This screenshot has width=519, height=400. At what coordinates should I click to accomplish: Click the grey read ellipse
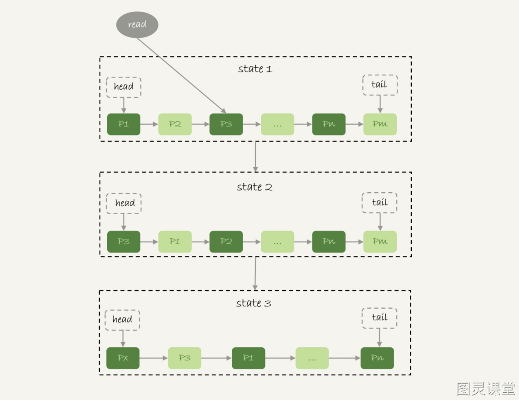[137, 25]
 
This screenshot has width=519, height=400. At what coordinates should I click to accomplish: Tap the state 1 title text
[255, 69]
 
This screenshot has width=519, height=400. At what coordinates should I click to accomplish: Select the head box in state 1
[124, 87]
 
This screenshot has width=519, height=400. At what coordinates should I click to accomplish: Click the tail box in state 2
[379, 203]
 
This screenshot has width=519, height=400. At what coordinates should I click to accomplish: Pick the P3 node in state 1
[226, 124]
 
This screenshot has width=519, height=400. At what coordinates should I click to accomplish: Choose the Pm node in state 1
[380, 124]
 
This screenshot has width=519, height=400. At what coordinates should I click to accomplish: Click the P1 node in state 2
[175, 242]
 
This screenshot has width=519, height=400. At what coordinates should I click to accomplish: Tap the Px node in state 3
[123, 358]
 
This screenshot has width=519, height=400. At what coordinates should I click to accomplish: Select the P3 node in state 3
[185, 358]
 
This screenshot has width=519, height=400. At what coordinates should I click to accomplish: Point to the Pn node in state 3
[377, 358]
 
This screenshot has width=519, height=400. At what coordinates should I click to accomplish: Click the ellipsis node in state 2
[277, 242]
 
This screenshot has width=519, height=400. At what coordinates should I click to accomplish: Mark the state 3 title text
[254, 303]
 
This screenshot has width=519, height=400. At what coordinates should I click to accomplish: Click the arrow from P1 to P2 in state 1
[149, 124]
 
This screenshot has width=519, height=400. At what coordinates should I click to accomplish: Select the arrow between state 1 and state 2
[255, 157]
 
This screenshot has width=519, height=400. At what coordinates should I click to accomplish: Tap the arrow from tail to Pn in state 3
[379, 338]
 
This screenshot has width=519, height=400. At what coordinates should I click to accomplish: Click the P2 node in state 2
[226, 242]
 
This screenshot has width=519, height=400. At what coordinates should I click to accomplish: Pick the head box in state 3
[122, 320]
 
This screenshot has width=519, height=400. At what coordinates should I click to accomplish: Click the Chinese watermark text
[486, 389]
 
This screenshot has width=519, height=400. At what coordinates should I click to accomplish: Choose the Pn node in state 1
[329, 124]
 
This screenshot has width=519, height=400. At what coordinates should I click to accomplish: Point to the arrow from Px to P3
[154, 358]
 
